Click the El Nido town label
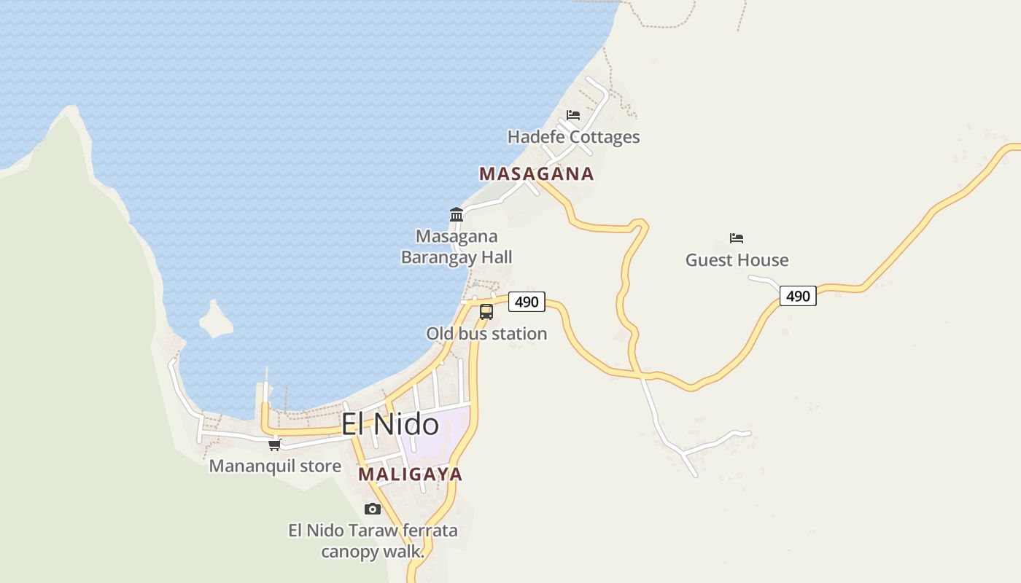pyautogui.click(x=390, y=424)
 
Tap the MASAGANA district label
pyautogui.click(x=536, y=173)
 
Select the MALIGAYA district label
pyautogui.click(x=410, y=474)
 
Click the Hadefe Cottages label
pyautogui.click(x=573, y=137)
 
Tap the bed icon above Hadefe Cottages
pyautogui.click(x=573, y=115)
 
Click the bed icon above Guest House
pyautogui.click(x=737, y=238)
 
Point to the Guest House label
pyautogui.click(x=737, y=260)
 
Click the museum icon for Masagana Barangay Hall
pyautogui.click(x=457, y=214)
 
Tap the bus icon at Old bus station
pyautogui.click(x=486, y=312)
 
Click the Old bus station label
pyautogui.click(x=486, y=334)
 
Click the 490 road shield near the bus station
pyautogui.click(x=527, y=302)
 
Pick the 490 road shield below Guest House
pyautogui.click(x=798, y=296)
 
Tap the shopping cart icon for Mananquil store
pyautogui.click(x=275, y=445)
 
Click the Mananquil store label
pyautogui.click(x=275, y=466)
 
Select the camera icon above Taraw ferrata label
pyautogui.click(x=373, y=509)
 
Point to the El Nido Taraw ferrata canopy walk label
pyautogui.click(x=373, y=541)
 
